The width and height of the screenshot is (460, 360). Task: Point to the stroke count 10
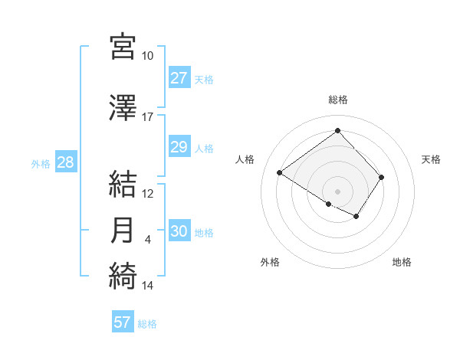tap(148, 56)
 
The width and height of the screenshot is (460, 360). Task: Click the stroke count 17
tap(148, 117)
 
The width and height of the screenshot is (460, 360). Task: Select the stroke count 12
tap(148, 194)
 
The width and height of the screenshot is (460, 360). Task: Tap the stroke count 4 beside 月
tap(148, 240)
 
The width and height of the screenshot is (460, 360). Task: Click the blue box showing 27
tap(179, 78)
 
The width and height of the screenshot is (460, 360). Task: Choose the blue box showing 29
tap(179, 147)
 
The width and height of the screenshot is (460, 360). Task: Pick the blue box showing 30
tap(179, 231)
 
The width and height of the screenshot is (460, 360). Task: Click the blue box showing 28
tap(65, 162)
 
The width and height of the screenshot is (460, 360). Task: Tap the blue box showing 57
tap(122, 322)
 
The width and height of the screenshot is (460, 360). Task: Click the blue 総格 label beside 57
tap(147, 324)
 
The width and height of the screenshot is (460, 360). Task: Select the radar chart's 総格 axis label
tap(337, 100)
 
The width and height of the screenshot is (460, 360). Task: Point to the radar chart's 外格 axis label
tap(270, 263)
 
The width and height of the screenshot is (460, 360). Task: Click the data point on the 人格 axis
tap(280, 173)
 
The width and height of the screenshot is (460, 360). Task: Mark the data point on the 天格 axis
tap(382, 177)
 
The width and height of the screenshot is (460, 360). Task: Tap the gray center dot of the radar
tap(337, 191)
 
